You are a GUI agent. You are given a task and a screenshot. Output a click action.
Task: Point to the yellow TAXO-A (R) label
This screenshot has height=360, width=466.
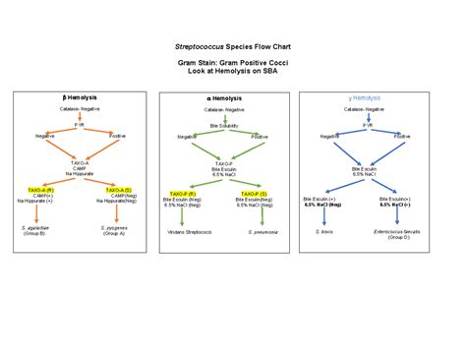(x=43, y=188)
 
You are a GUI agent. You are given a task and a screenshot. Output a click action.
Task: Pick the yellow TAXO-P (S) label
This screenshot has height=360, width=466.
(x=262, y=194)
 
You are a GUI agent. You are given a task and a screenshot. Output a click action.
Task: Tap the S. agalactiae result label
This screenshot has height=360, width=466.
(x=42, y=228)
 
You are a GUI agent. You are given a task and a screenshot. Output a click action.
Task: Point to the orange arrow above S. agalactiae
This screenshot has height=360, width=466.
(x=42, y=213)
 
